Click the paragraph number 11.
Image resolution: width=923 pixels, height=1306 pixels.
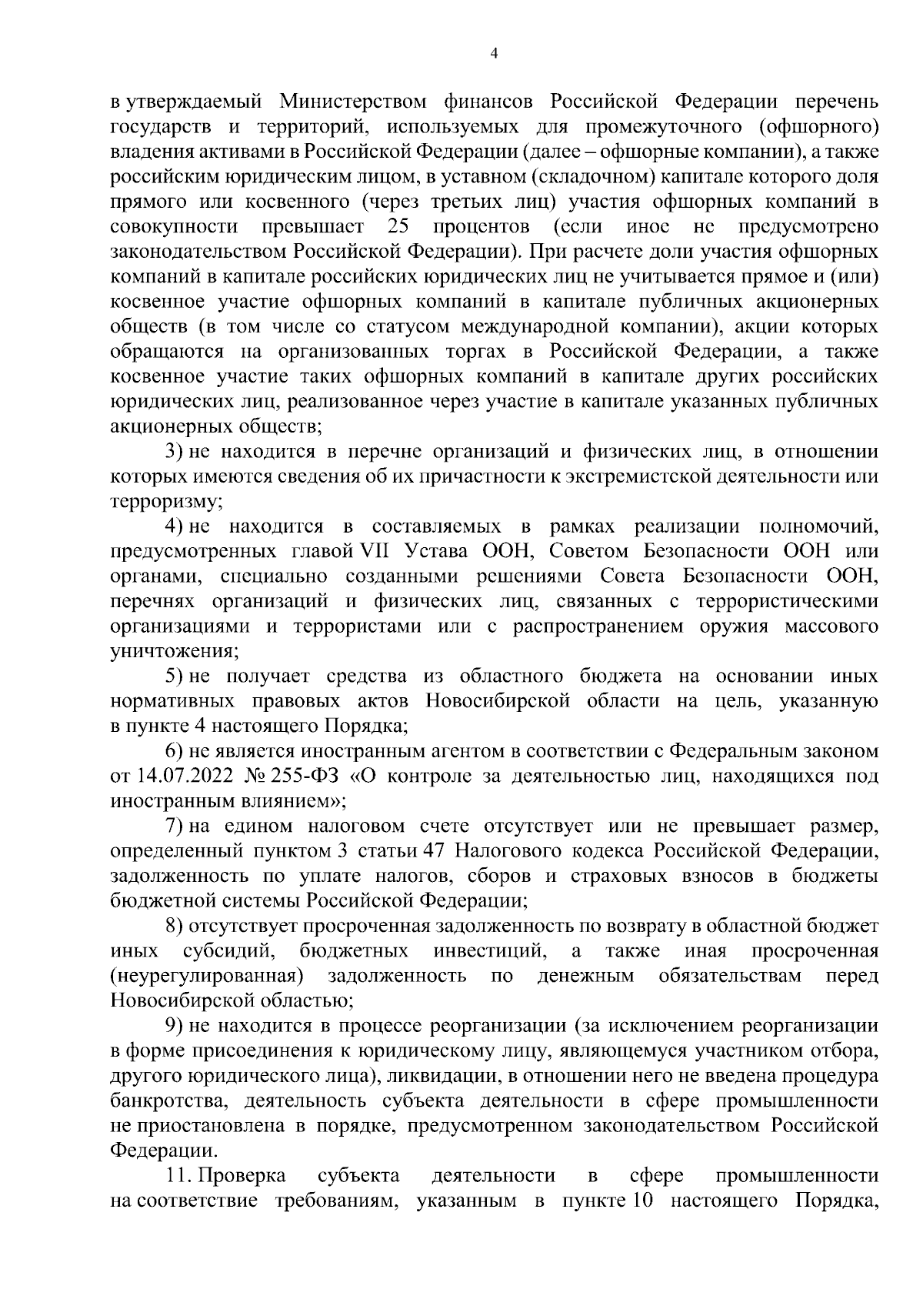(178, 1175)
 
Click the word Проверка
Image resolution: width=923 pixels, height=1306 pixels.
(242, 1175)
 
